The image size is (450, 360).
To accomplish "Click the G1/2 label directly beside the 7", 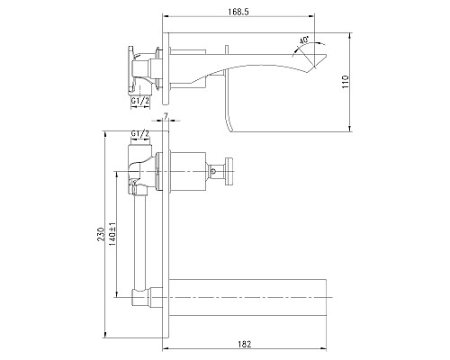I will coord(139,134).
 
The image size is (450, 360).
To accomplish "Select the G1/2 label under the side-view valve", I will coord(139,103).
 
